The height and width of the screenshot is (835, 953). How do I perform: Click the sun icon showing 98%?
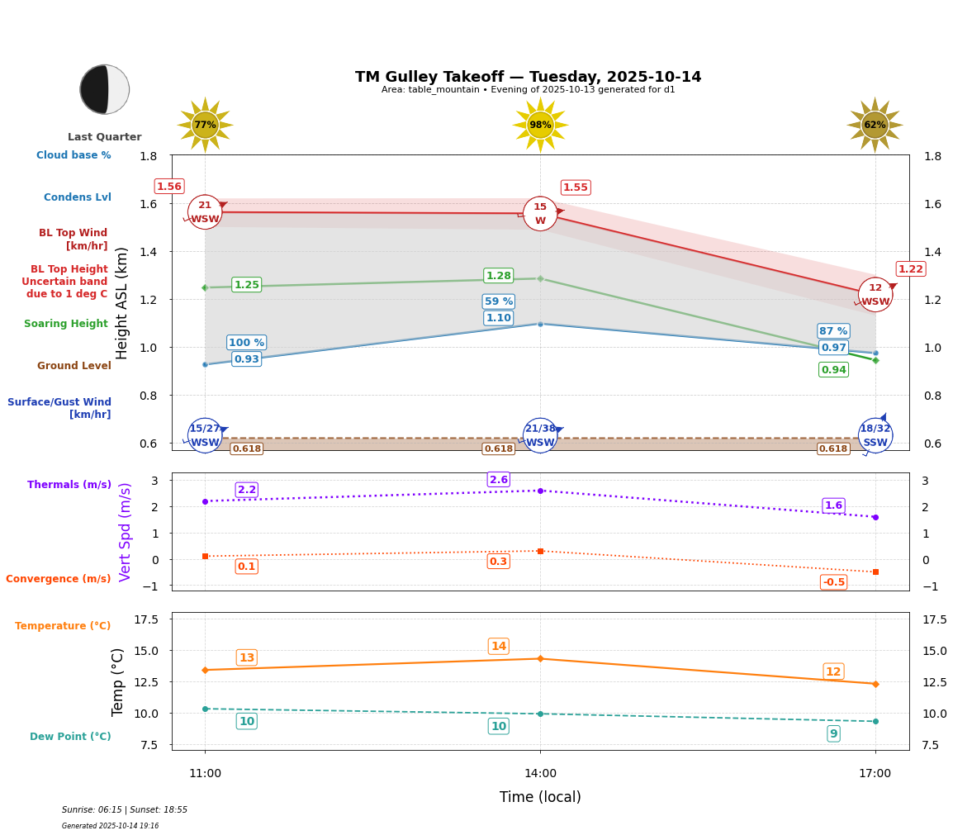[x=540, y=125]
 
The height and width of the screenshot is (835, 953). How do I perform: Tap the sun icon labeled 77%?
[x=205, y=125]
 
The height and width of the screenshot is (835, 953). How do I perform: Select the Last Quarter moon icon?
[x=105, y=89]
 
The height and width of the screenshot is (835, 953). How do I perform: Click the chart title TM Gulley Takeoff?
[x=528, y=77]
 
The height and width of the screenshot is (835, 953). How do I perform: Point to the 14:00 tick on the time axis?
[x=540, y=773]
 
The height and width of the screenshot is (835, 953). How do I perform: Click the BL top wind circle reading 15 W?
[x=540, y=214]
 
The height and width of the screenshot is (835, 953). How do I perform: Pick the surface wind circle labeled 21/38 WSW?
[x=540, y=435]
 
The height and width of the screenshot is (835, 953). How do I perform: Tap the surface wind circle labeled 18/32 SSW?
[x=875, y=435]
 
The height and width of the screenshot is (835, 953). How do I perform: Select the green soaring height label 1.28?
[x=499, y=276]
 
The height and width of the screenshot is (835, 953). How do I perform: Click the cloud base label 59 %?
[x=499, y=301]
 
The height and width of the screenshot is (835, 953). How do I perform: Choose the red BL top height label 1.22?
[x=911, y=269]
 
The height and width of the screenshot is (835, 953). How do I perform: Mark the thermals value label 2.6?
[x=499, y=480]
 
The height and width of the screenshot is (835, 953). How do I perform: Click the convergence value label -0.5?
[x=833, y=582]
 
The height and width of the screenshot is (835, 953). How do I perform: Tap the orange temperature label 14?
[x=499, y=647]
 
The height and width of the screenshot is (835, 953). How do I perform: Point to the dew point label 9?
[x=833, y=733]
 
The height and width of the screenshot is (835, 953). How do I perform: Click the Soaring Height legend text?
[x=66, y=324]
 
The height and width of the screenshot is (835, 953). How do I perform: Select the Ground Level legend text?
[x=74, y=366]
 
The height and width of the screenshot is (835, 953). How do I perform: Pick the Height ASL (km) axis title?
[x=122, y=302]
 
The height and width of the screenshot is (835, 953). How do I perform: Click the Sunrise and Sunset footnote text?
[x=125, y=810]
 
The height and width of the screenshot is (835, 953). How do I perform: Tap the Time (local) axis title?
[x=540, y=797]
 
